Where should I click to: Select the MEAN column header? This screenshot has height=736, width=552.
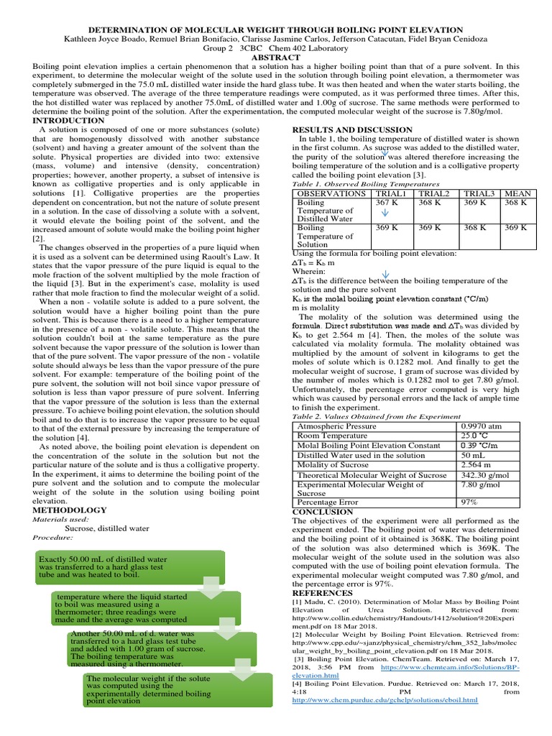click(x=517, y=193)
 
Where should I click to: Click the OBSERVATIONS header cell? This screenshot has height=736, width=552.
click(x=331, y=193)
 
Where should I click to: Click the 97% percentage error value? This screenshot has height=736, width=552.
click(x=469, y=502)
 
